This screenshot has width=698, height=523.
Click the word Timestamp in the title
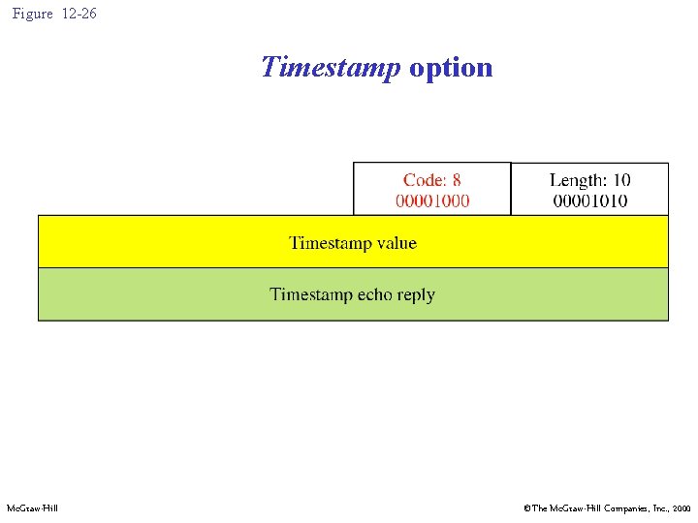331,68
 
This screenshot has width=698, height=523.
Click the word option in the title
451,68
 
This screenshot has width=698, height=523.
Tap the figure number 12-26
79,14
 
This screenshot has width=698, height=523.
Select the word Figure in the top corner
32,14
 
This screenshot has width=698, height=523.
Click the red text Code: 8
432,180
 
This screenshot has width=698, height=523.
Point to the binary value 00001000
432,200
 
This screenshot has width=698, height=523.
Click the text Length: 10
589,180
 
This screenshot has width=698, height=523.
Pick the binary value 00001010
589,200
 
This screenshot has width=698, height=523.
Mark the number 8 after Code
457,180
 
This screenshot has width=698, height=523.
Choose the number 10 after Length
621,180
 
